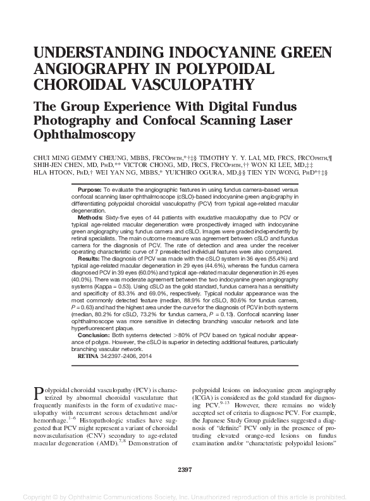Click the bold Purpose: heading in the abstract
coord(91,190)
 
